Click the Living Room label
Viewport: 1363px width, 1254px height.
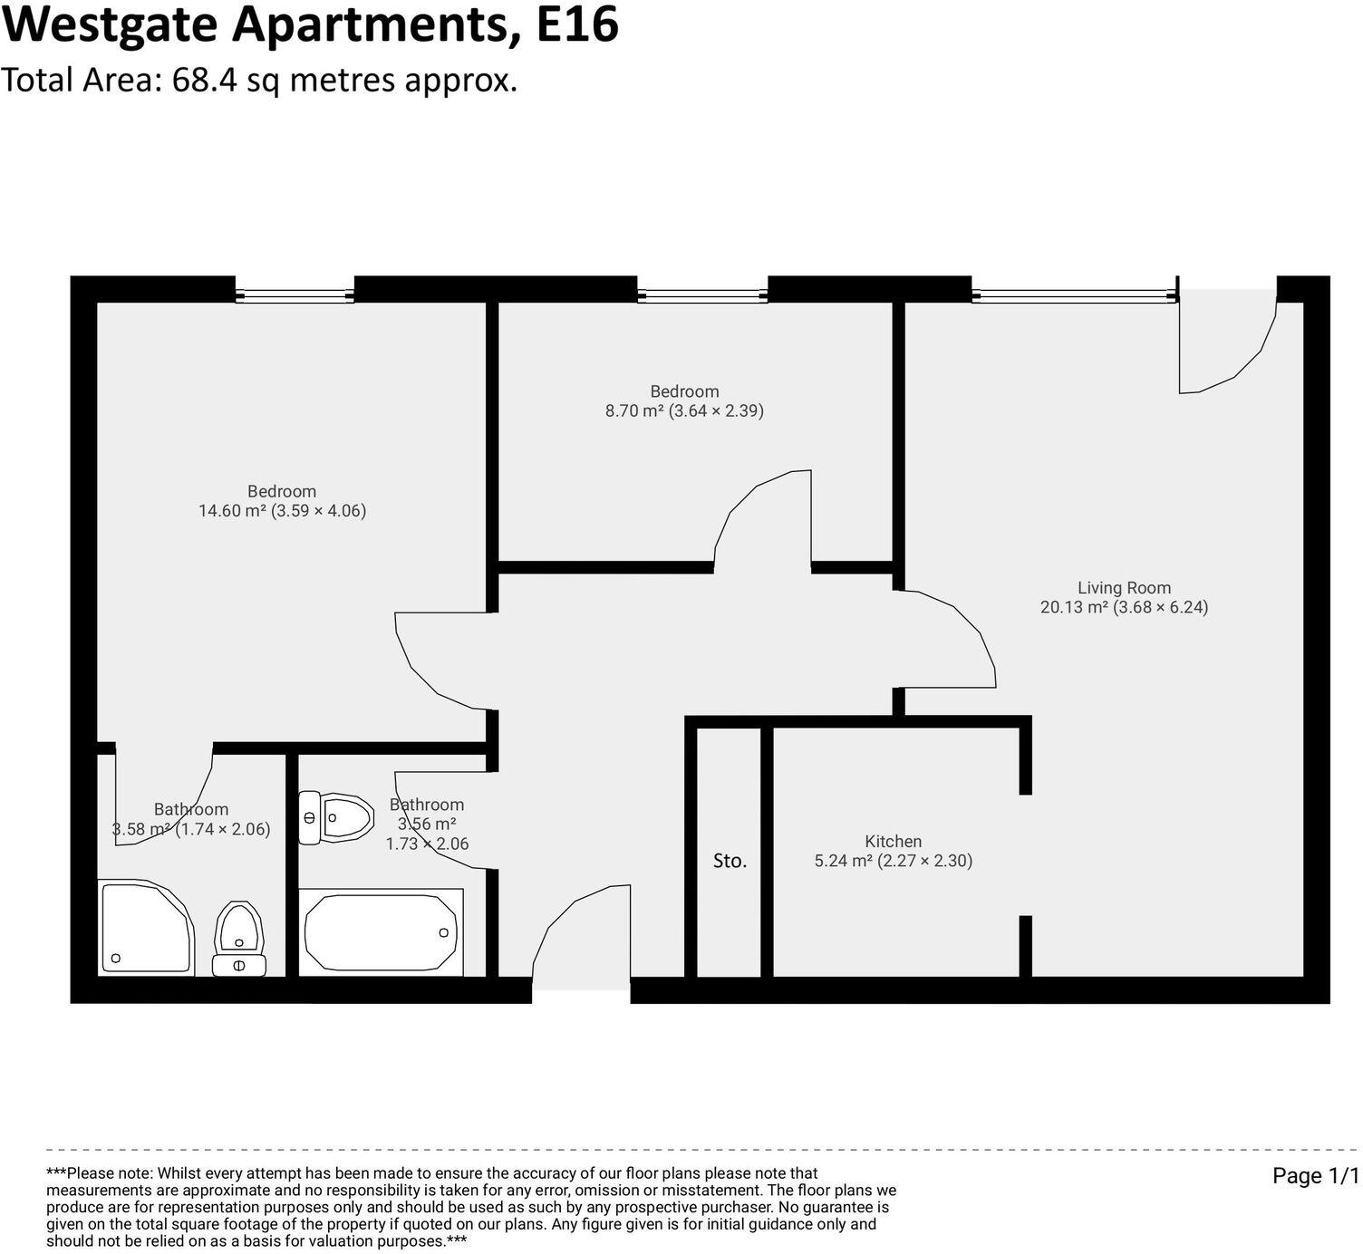1124,588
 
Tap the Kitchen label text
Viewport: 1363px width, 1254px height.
893,842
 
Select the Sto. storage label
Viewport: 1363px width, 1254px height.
730,861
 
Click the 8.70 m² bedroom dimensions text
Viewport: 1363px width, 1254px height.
684,410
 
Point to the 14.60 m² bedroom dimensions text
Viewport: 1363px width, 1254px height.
282,511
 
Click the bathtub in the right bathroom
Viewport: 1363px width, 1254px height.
382,932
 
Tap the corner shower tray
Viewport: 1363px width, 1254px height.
145,928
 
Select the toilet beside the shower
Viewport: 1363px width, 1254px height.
239,939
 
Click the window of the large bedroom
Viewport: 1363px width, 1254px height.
295,294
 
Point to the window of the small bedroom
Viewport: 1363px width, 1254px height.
702,294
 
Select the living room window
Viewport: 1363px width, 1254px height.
1074,294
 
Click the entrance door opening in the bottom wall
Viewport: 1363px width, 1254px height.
581,989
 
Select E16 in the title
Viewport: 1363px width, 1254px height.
577,24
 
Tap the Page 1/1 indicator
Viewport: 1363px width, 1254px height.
1316,1176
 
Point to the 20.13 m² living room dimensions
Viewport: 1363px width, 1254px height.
1124,608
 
